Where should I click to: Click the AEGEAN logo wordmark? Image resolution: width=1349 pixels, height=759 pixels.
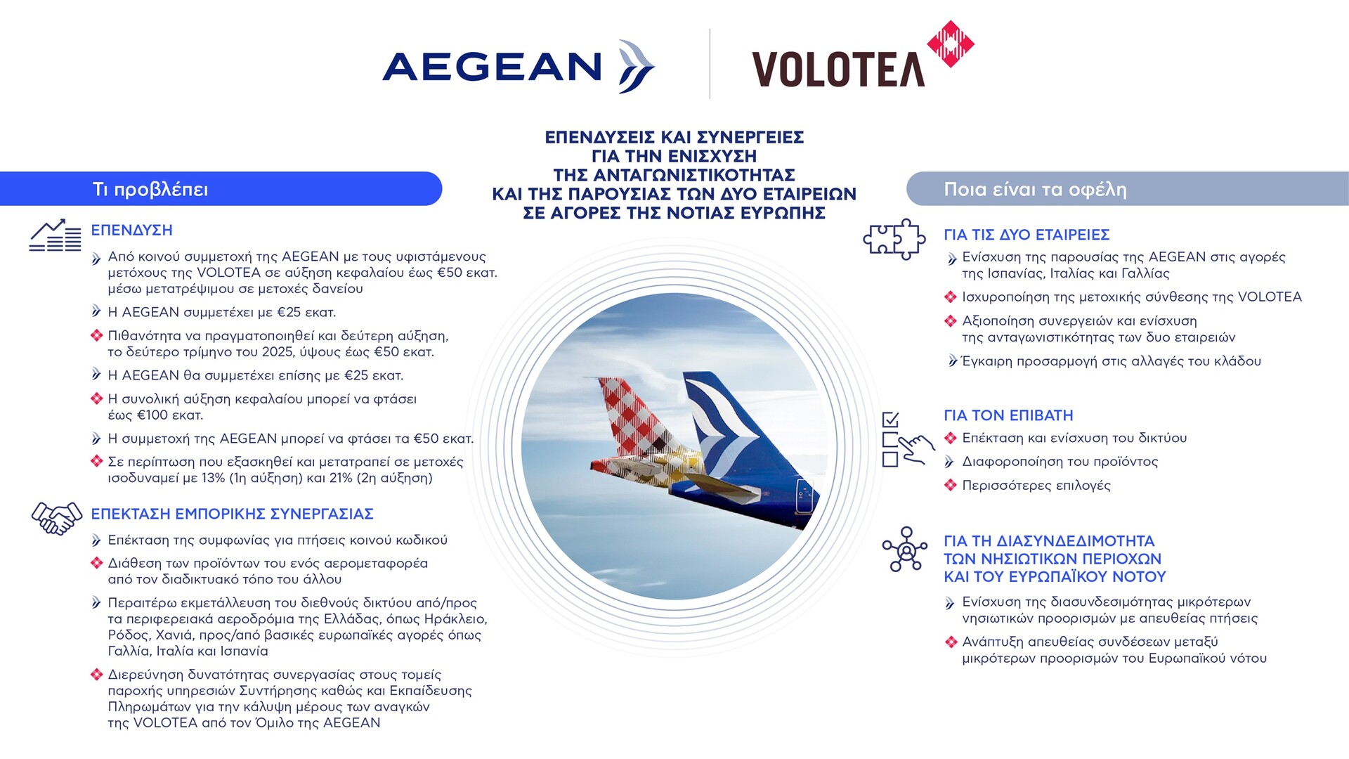click(x=492, y=67)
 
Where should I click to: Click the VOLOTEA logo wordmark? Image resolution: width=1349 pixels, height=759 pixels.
click(x=838, y=69)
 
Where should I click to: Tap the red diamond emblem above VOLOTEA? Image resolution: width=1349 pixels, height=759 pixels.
click(x=951, y=44)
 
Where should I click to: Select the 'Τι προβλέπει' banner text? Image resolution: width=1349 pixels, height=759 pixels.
click(x=150, y=190)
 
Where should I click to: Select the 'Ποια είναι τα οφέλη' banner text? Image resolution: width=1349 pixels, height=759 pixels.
click(x=1035, y=190)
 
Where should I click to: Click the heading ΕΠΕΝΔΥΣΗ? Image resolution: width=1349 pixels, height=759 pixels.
click(x=131, y=231)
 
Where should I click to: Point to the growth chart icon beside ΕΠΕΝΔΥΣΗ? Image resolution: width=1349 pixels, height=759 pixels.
click(x=56, y=235)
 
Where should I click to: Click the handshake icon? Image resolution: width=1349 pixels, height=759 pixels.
click(x=57, y=518)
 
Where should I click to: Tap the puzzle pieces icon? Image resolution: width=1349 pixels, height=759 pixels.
click(x=894, y=239)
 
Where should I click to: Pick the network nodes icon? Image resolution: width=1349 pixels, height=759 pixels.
click(x=905, y=549)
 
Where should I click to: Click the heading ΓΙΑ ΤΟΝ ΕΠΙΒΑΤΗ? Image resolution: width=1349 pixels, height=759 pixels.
click(x=1008, y=416)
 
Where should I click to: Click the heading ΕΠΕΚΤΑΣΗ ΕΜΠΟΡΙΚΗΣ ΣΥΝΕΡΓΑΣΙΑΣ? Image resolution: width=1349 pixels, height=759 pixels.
click(x=232, y=514)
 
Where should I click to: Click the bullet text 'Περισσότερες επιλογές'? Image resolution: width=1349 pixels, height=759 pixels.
click(x=1036, y=486)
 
